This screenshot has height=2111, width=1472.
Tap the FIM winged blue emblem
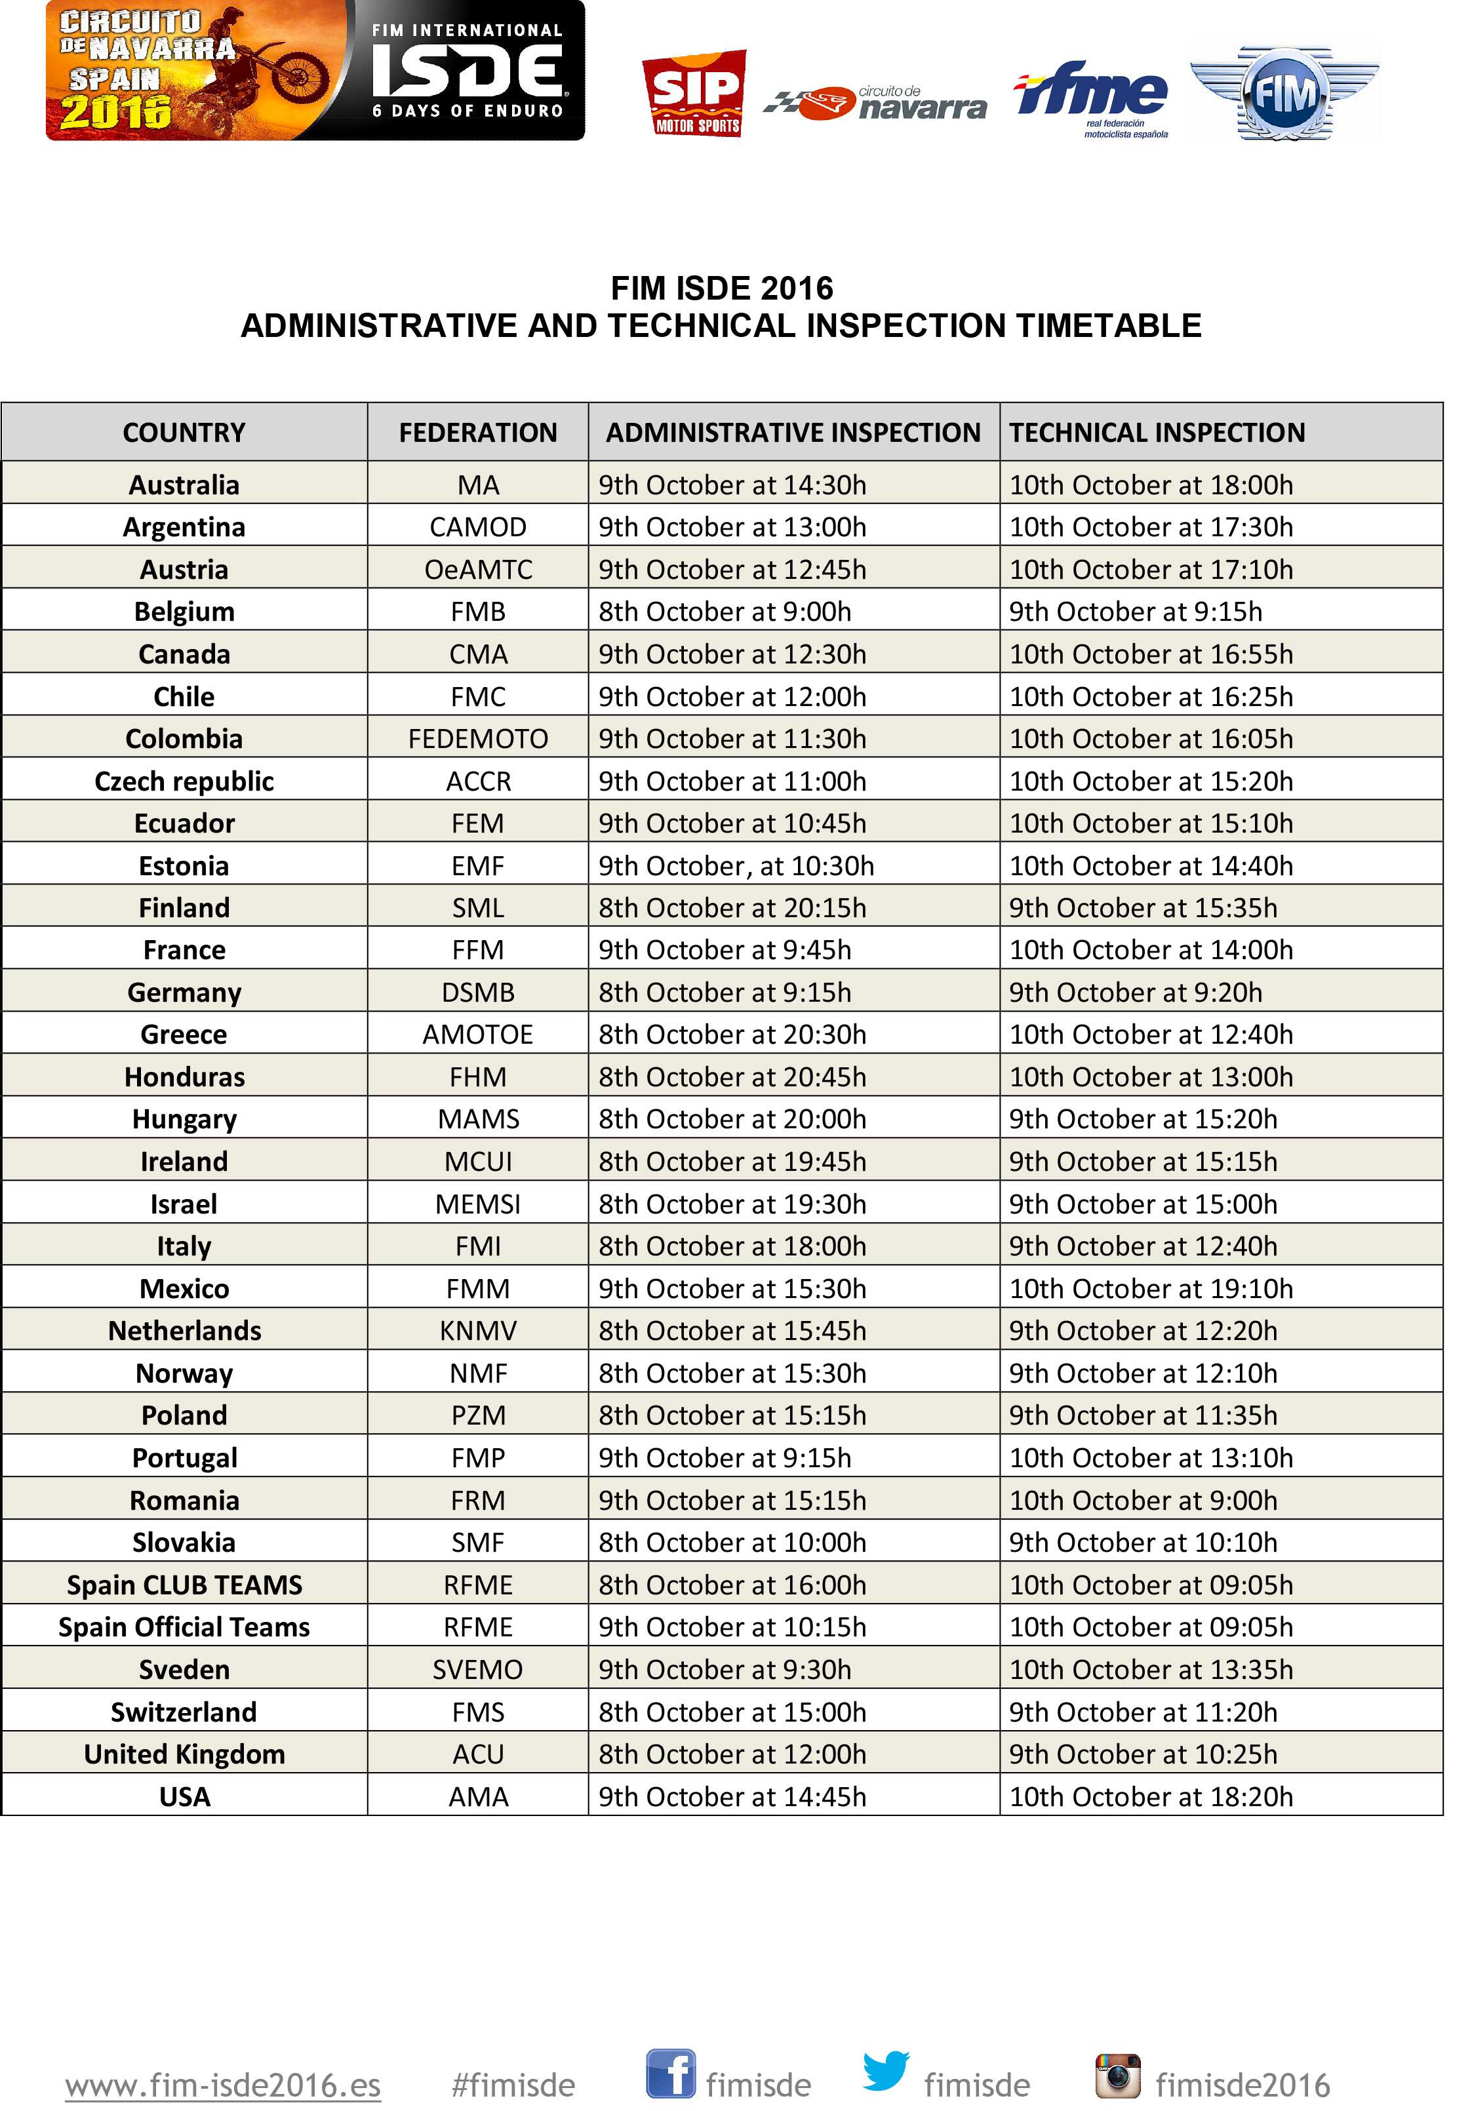pos(1284,93)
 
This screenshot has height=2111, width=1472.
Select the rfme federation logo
pos(1091,96)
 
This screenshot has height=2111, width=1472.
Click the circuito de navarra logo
pos(876,104)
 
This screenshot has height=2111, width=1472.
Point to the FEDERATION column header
pos(477,432)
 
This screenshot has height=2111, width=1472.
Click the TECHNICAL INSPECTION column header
pos(1157,432)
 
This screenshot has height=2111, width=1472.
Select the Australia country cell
pos(184,484)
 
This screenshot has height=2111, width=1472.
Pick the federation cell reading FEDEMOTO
pos(477,738)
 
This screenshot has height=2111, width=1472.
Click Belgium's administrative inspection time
pos(725,612)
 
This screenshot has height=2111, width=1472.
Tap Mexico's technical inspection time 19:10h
pos(1151,1288)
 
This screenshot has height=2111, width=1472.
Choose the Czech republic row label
pos(184,781)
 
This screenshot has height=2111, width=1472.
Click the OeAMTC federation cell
pos(477,569)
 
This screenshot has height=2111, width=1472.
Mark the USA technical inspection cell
pos(1151,1796)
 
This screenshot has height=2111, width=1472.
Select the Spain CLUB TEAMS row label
pos(184,1584)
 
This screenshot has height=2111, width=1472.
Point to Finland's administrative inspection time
pos(732,907)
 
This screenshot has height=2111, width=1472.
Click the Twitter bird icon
pos(885,2070)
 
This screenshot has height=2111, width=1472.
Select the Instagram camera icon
pos(1117,2075)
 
